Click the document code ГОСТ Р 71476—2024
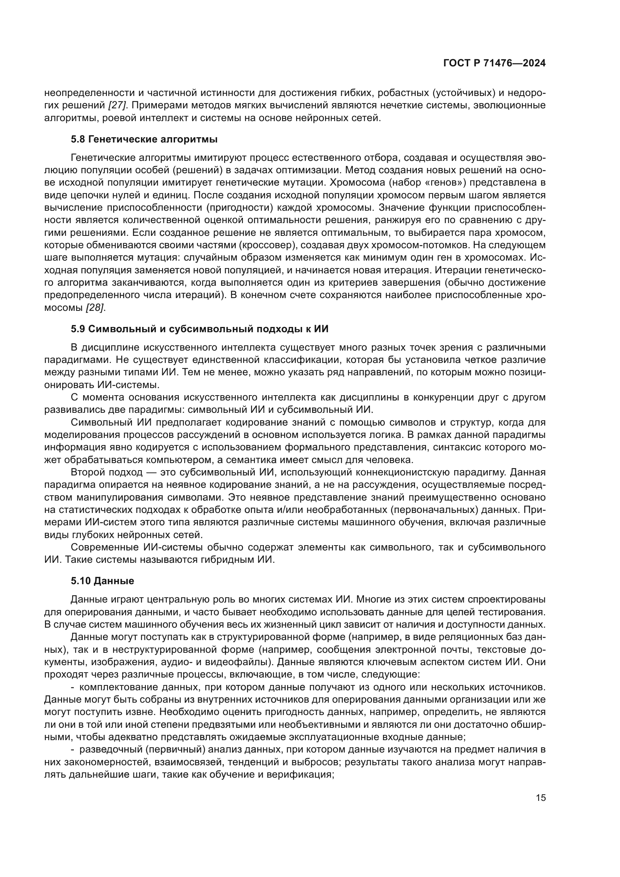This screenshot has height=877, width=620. pos(494,63)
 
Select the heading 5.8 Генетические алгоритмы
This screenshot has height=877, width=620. pos(144,139)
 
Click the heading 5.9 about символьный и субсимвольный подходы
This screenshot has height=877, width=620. pos(199,329)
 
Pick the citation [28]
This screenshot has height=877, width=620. pos(95,308)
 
